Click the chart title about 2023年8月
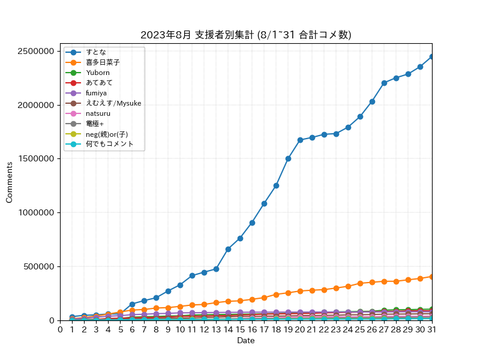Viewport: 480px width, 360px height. (x=246, y=35)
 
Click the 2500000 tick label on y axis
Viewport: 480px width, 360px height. (x=36, y=51)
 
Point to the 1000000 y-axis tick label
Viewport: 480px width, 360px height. (x=36, y=212)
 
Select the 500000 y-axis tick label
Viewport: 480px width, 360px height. (x=39, y=266)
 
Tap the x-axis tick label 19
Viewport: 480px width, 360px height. (x=288, y=329)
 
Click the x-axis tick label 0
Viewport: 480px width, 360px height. (x=61, y=329)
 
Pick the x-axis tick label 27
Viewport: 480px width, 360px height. (x=384, y=329)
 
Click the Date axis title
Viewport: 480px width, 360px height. (x=246, y=340)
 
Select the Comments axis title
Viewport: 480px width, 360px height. (x=9, y=182)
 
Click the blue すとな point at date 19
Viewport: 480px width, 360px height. (x=288, y=158)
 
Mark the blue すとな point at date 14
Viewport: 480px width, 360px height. (x=228, y=249)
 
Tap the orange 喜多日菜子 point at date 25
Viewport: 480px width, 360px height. (x=361, y=283)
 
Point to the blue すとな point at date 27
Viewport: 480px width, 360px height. (x=384, y=83)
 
